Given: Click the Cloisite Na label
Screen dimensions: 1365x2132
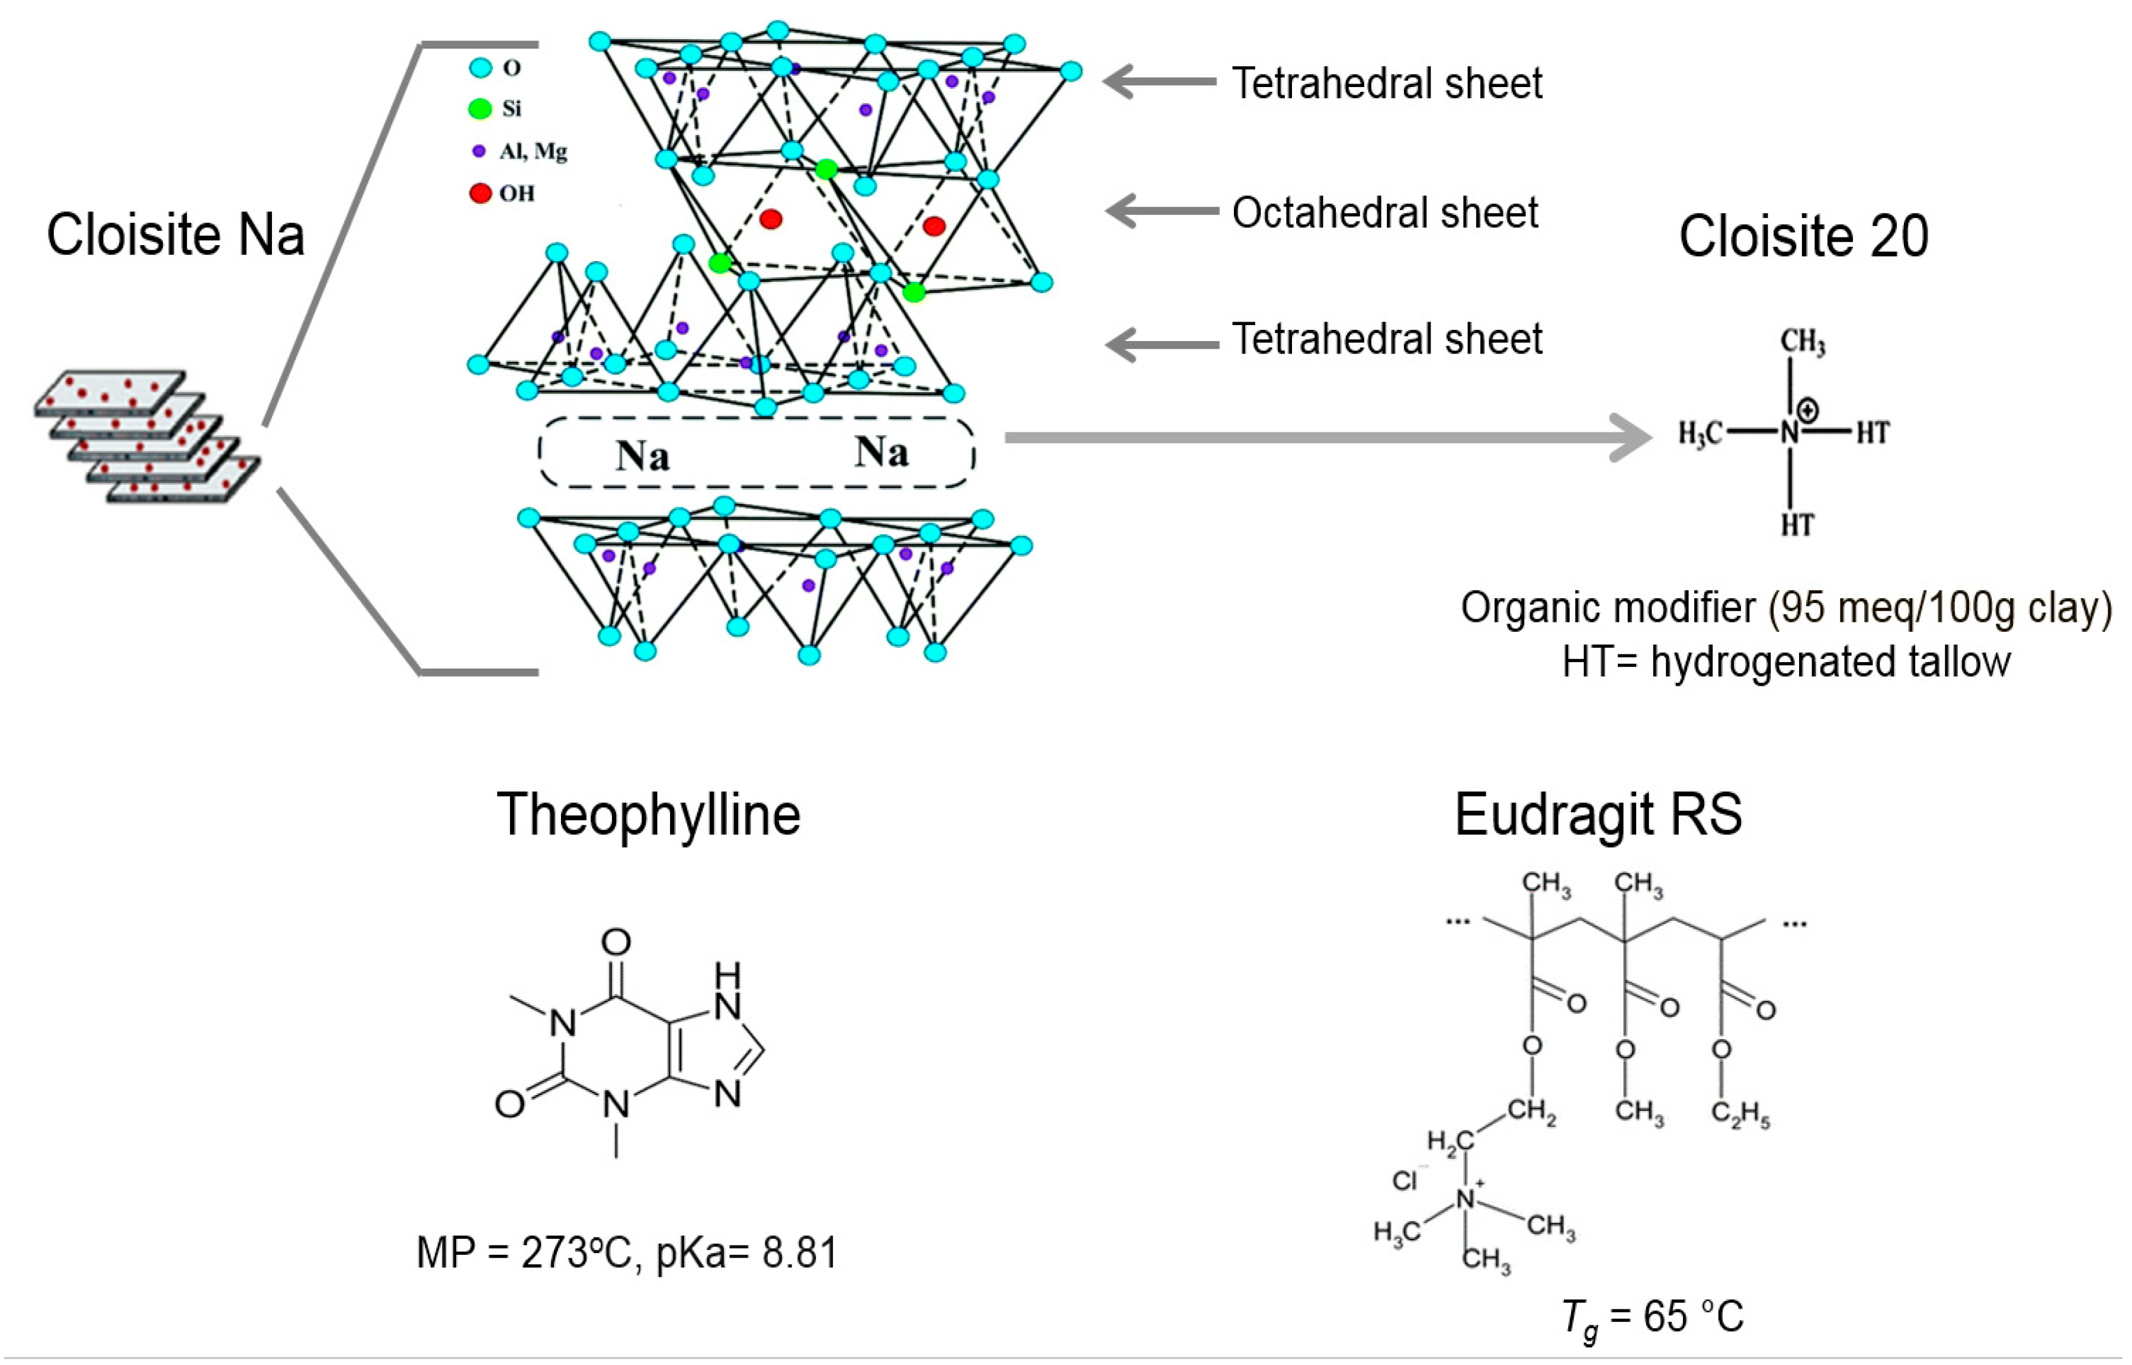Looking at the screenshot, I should pos(175,235).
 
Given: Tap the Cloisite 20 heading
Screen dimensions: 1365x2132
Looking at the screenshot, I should pos(1803,237).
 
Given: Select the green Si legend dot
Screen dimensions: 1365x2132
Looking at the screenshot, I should pos(480,109).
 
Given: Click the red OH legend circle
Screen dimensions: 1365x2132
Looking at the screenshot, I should pos(480,193).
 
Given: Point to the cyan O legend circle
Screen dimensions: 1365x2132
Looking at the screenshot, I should pos(480,68).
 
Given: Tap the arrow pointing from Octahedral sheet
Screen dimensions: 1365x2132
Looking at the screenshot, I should pos(1161,211).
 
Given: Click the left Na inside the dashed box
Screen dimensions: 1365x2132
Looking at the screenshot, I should pos(643,455).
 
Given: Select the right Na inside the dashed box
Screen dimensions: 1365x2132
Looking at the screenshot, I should pos(881,452).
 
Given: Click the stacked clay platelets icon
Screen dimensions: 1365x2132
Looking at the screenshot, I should pos(147,437).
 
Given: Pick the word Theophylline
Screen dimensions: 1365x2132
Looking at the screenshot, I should pos(648,815).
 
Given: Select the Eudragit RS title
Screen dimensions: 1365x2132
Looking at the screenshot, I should pos(1598,815).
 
